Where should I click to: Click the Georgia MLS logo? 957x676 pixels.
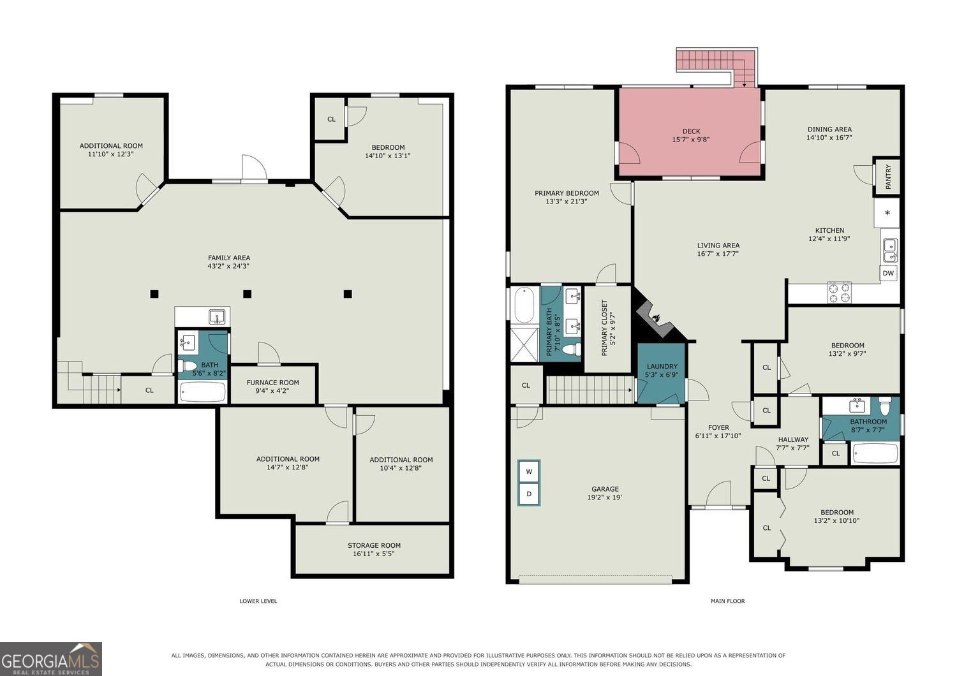click(51, 659)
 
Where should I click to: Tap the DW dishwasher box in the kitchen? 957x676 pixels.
click(888, 274)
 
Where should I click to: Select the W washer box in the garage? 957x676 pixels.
click(529, 472)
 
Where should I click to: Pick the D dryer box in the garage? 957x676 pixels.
click(529, 494)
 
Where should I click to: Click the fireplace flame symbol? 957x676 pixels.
click(657, 318)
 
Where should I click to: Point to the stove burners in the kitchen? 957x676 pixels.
click(840, 293)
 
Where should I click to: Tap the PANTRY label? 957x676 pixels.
click(888, 177)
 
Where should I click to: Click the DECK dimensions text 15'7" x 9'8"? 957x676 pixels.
click(691, 139)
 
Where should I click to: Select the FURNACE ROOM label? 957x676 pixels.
click(272, 383)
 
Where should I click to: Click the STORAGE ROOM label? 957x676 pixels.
click(375, 545)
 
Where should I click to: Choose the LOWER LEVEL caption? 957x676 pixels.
click(258, 601)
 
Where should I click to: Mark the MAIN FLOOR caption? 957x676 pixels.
click(727, 601)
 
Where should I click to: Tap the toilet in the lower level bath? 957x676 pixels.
click(187, 365)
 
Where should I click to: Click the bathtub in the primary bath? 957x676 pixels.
click(524, 305)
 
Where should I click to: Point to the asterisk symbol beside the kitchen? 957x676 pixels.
click(887, 213)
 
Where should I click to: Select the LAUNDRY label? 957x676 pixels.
click(662, 367)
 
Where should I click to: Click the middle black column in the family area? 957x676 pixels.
click(248, 294)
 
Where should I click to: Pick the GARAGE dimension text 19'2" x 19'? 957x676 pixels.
click(605, 497)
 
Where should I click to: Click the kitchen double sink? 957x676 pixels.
click(891, 251)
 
